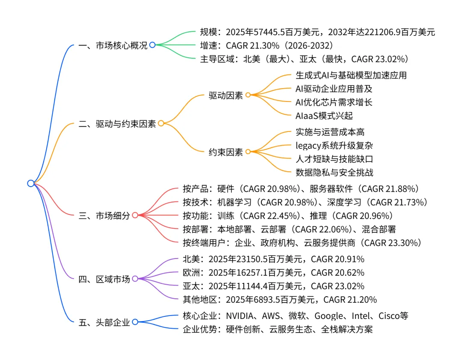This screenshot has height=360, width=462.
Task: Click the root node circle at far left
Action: (30, 183)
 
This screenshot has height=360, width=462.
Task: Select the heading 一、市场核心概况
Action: (113, 45)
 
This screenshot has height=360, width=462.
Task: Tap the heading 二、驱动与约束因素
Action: (117, 124)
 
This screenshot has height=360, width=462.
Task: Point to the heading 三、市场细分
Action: (104, 216)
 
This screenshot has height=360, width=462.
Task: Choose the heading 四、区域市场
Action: (104, 280)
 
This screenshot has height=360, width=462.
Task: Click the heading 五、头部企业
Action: (104, 322)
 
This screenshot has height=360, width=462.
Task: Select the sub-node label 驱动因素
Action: (225, 95)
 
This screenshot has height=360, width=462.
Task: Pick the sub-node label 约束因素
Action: (225, 152)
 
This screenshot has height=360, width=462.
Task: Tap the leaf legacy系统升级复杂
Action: (334, 146)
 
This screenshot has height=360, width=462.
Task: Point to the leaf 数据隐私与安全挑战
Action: (334, 172)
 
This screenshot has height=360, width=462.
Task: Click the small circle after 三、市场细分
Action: (135, 215)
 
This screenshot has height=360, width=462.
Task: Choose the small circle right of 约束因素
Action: (248, 152)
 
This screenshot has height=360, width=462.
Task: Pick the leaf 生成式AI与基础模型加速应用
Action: (351, 75)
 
